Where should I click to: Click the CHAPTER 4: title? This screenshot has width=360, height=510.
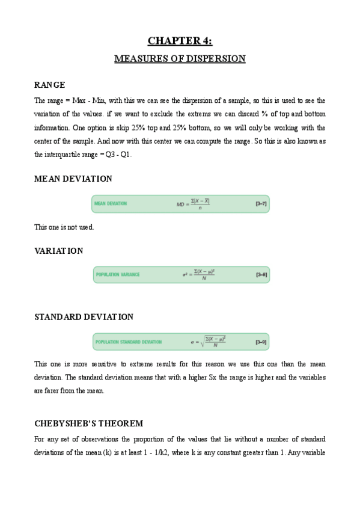180,41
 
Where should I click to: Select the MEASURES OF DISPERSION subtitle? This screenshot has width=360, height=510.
180,59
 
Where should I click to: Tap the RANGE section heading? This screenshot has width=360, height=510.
49,85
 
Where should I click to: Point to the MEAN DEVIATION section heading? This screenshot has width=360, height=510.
73,179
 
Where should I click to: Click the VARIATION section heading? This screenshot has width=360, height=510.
59,251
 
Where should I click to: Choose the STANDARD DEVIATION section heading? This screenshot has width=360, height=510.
84,316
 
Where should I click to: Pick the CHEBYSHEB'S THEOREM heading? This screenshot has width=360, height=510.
88,423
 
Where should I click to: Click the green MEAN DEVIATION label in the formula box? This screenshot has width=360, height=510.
111,204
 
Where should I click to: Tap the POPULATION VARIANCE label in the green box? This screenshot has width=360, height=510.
118,275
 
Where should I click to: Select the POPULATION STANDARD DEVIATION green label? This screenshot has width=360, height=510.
129,342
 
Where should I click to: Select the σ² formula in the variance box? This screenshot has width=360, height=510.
199,275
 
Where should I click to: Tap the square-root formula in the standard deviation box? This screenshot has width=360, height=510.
209,341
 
